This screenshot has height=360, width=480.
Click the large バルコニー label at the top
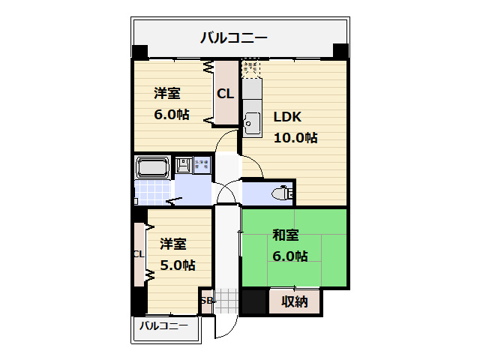(x=234, y=37)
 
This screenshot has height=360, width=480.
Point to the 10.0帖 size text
(x=295, y=137)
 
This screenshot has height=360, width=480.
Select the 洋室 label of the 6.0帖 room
(x=167, y=94)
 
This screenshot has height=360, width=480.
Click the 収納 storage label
(x=295, y=301)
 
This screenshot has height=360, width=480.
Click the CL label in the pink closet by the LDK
(x=225, y=94)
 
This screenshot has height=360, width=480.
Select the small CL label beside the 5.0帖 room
(x=139, y=254)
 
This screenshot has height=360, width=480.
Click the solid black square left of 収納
(x=253, y=301)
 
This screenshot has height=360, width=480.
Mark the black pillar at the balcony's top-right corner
(x=340, y=52)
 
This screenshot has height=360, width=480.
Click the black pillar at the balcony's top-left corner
(x=140, y=52)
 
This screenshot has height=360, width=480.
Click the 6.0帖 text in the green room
(x=289, y=256)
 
